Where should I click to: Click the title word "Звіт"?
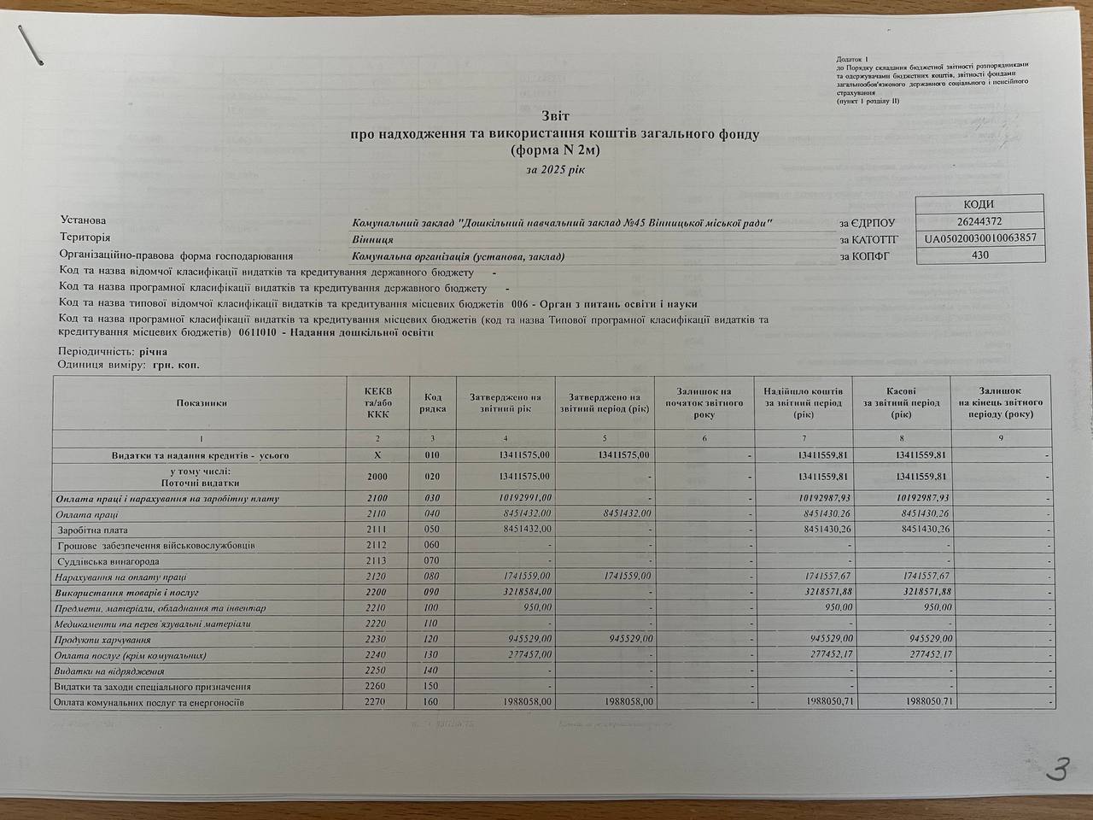point(554,115)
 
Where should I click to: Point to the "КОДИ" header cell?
point(979,204)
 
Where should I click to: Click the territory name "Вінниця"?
point(372,239)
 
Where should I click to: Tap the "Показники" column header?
point(202,402)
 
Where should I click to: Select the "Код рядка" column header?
point(433,402)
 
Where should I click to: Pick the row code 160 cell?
point(432,702)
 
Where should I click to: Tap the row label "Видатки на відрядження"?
point(96,671)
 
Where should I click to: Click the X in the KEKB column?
point(377,455)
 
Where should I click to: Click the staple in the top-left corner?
point(32,44)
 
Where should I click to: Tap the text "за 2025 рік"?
point(555,169)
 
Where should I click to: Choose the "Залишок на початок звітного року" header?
point(704,402)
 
